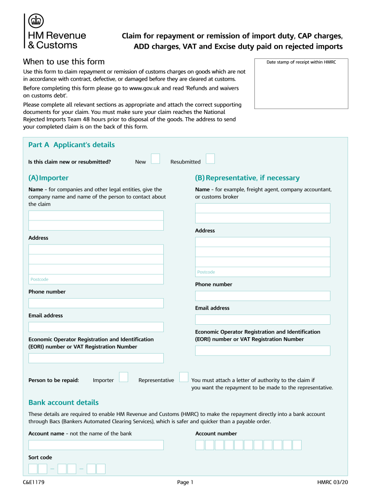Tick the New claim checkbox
[x=155, y=159]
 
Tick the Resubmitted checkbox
[x=210, y=159]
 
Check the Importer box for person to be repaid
[x=123, y=377]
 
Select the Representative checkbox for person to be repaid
[x=184, y=377]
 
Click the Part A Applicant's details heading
[x=71, y=145]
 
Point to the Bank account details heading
[x=63, y=402]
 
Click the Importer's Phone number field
[x=96, y=303]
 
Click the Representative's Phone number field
[x=263, y=296]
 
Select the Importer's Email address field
[x=96, y=327]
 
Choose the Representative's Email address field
[x=263, y=319]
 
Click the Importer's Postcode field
[x=96, y=279]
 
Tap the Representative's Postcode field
[x=263, y=272]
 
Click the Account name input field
[x=96, y=445]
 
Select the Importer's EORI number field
[x=96, y=358]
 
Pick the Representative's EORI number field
[x=263, y=351]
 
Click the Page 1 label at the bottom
[x=185, y=482]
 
